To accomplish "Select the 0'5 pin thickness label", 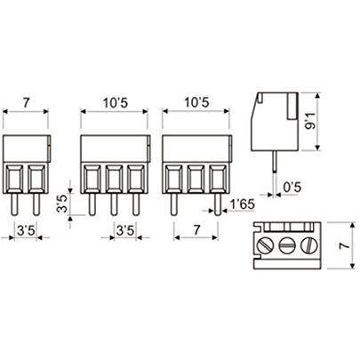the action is [x=292, y=187].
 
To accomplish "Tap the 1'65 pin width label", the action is [x=243, y=204].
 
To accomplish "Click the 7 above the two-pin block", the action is [x=27, y=103].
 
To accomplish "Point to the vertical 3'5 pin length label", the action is [x=61, y=204].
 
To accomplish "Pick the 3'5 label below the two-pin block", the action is [x=26, y=230].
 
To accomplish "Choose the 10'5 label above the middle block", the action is [x=116, y=103].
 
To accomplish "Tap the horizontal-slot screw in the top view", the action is [x=286, y=245].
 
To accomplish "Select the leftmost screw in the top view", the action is [x=265, y=245].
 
